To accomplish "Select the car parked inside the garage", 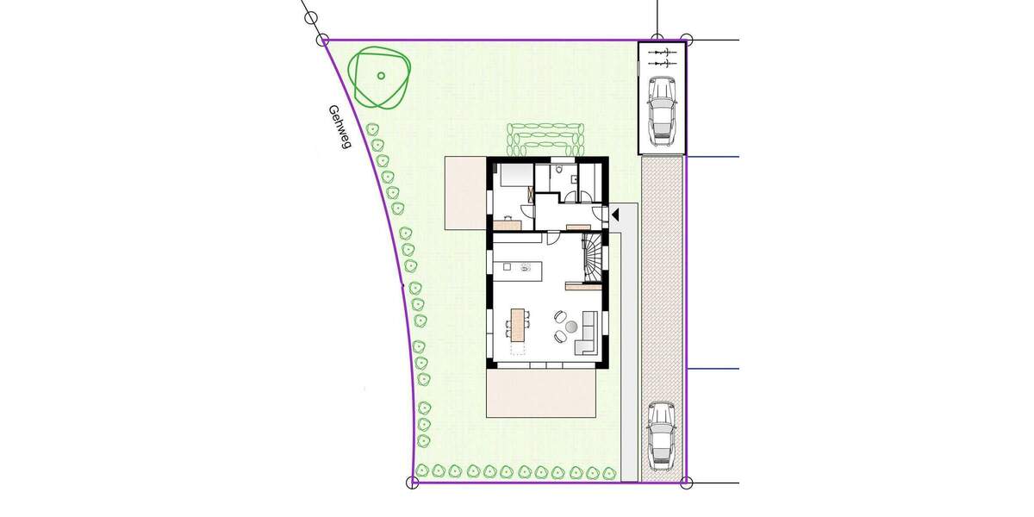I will [662, 108].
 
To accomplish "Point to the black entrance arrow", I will [614, 214].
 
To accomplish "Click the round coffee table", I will [570, 327].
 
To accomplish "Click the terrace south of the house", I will [541, 393].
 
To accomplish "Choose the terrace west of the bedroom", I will [465, 193].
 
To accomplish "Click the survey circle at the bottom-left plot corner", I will [412, 483].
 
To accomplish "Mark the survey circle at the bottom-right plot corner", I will [686, 483].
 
